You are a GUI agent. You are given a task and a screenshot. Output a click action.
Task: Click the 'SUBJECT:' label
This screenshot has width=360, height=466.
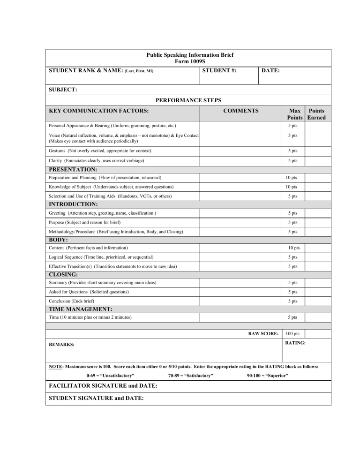(x=63, y=90)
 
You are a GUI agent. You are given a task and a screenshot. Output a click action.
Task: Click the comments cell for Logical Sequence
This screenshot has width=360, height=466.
(x=239, y=257)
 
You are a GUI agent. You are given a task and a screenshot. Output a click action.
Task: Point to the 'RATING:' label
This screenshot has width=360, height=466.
(x=295, y=343)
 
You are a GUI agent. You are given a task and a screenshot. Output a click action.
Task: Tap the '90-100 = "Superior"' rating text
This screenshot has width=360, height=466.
(x=267, y=376)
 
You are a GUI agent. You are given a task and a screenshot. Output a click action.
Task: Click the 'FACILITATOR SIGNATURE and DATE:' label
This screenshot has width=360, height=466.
(x=103, y=386)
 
